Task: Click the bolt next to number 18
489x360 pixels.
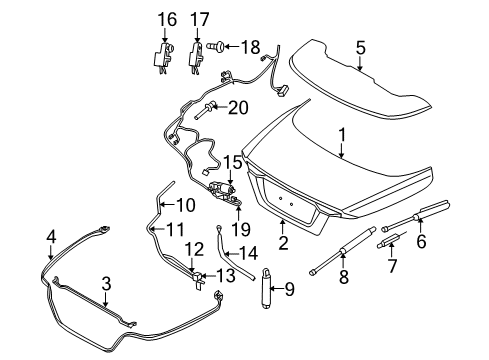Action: [217, 46]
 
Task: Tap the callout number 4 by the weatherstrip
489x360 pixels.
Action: [50, 237]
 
